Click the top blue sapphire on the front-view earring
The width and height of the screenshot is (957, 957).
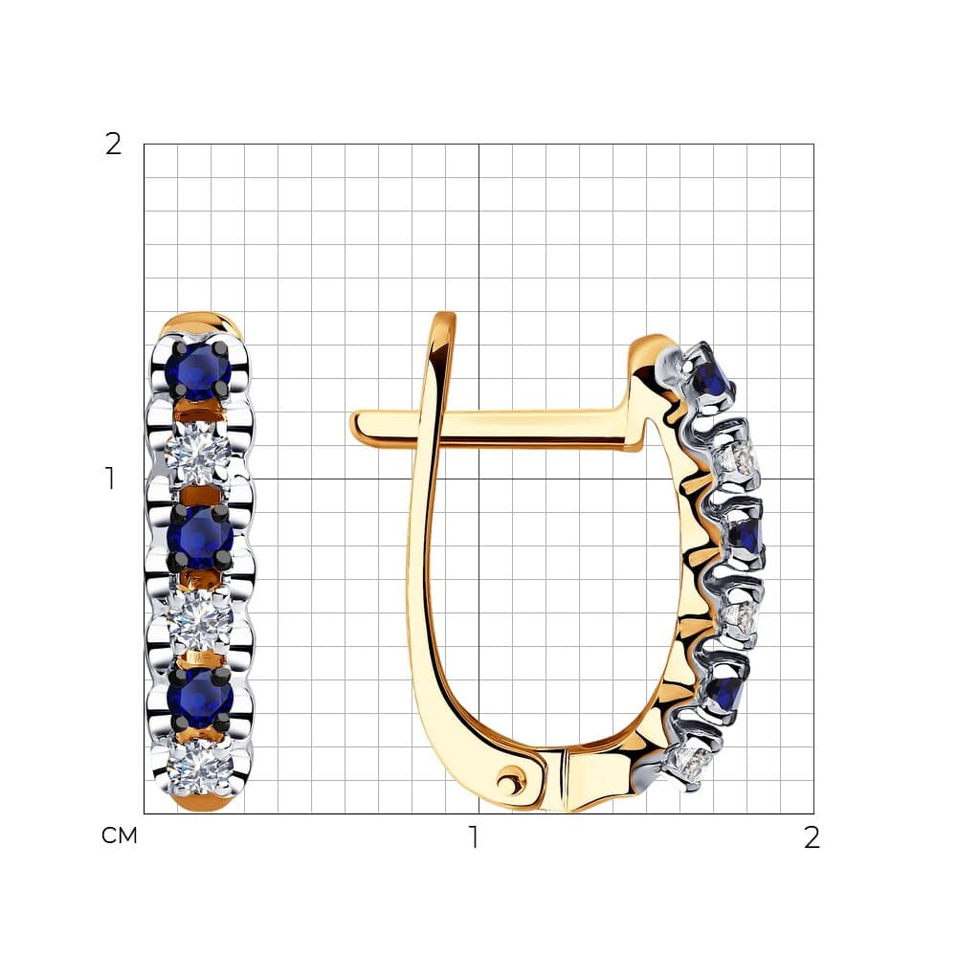[199, 370]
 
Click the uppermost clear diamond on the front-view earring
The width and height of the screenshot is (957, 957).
[198, 453]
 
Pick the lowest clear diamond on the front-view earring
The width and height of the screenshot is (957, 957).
[200, 768]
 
